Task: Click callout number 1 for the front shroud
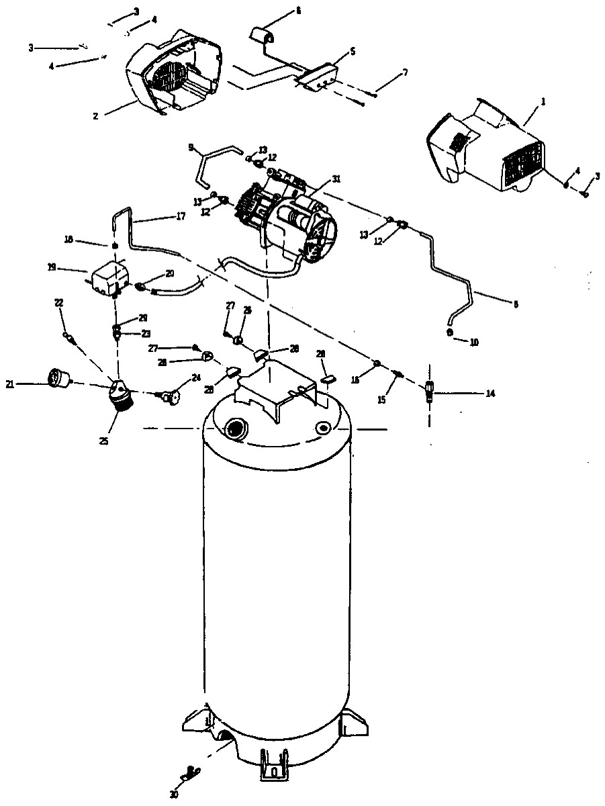click(x=543, y=101)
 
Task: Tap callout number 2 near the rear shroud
click(x=95, y=116)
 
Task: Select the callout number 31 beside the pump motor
click(x=336, y=179)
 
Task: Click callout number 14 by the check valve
click(x=490, y=393)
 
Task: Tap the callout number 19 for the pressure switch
click(x=51, y=267)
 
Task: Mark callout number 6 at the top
click(x=298, y=11)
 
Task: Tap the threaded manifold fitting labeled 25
click(x=120, y=398)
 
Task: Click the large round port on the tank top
click(x=236, y=428)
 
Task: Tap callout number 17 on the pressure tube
click(x=180, y=216)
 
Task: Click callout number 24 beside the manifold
click(x=196, y=377)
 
